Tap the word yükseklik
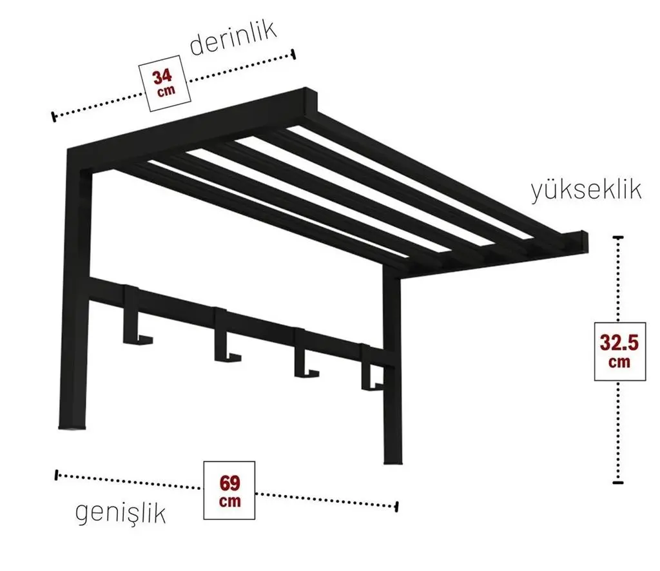click(587, 190)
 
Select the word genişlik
click(121, 514)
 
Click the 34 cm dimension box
click(164, 83)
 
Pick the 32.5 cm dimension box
click(619, 351)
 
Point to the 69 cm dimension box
click(229, 490)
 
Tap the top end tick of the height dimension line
click(618, 238)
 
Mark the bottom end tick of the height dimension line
click(618, 482)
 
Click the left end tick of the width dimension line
click(57, 475)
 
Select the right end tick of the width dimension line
click(396, 507)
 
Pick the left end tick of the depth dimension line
click(54, 117)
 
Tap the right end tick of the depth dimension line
click(293, 54)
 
